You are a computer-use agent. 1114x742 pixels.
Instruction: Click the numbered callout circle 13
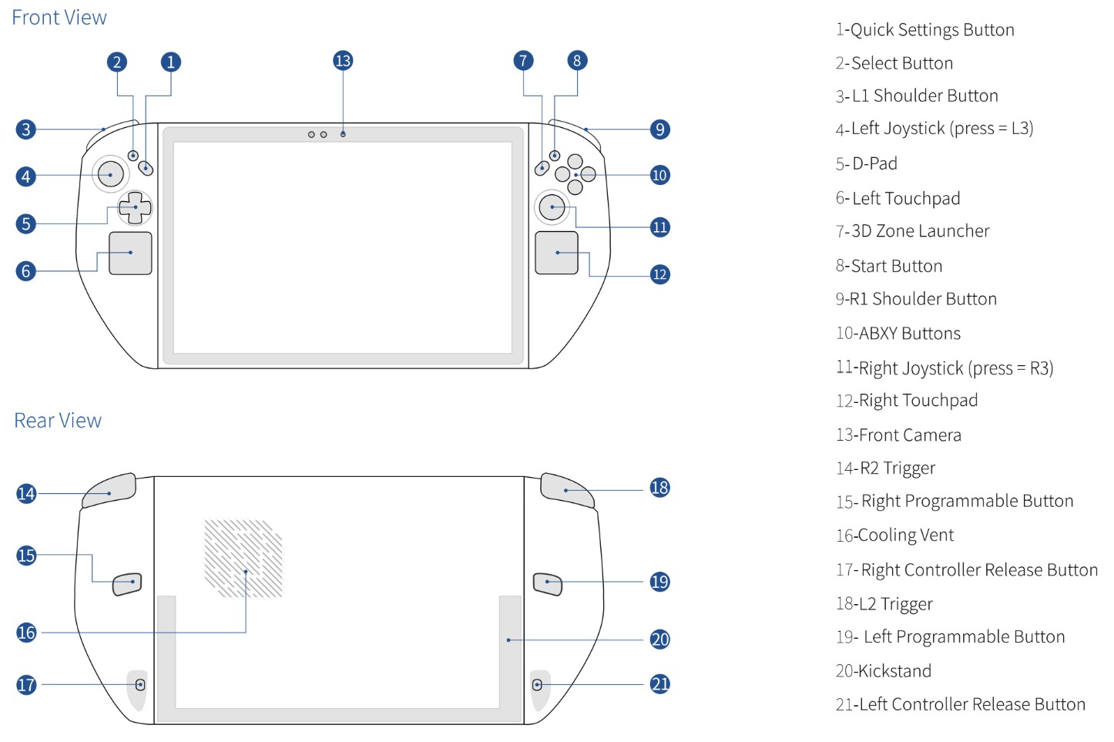point(343,61)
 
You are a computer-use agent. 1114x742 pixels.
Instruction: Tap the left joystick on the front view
point(110,174)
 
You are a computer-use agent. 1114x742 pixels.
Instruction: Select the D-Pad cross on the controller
point(135,207)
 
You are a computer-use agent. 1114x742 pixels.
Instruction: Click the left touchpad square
point(130,253)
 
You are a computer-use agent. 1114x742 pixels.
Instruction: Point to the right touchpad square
point(556,253)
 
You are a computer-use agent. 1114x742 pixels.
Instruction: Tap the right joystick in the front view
point(552,206)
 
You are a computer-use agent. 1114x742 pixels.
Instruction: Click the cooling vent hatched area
point(243,559)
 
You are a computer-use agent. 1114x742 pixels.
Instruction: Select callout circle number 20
point(660,640)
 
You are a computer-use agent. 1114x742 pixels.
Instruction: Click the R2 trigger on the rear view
point(109,492)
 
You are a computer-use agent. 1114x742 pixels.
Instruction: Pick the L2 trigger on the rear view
point(566,490)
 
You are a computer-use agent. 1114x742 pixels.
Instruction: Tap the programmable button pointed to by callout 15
point(128,584)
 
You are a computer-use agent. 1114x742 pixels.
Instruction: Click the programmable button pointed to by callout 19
point(547,584)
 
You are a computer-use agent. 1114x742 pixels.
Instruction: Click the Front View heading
point(59,18)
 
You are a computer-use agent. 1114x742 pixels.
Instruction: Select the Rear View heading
point(58,421)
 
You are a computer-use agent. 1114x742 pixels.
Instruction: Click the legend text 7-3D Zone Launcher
point(912,231)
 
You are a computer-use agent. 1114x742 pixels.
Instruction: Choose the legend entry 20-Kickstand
point(884,671)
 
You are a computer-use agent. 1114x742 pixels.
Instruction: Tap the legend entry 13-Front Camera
point(898,435)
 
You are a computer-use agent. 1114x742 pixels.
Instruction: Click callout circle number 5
point(26,224)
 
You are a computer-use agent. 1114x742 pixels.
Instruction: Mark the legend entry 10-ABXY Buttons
point(898,334)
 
